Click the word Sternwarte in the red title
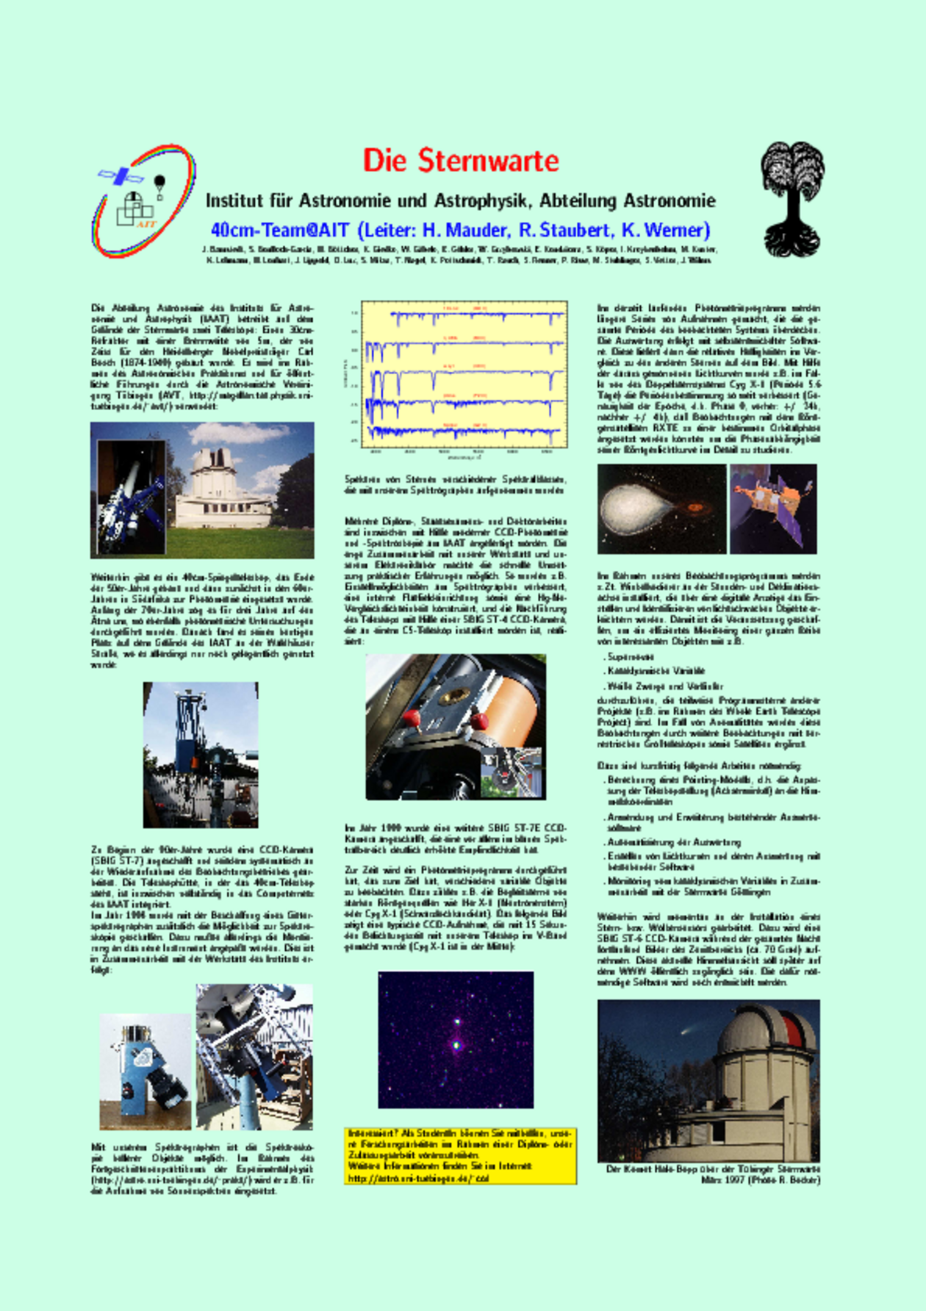click(x=489, y=161)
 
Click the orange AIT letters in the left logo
click(x=146, y=223)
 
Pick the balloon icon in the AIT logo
click(x=159, y=184)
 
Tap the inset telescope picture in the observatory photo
click(x=132, y=497)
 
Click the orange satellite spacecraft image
click(x=772, y=509)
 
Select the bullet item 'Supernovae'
click(x=631, y=657)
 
